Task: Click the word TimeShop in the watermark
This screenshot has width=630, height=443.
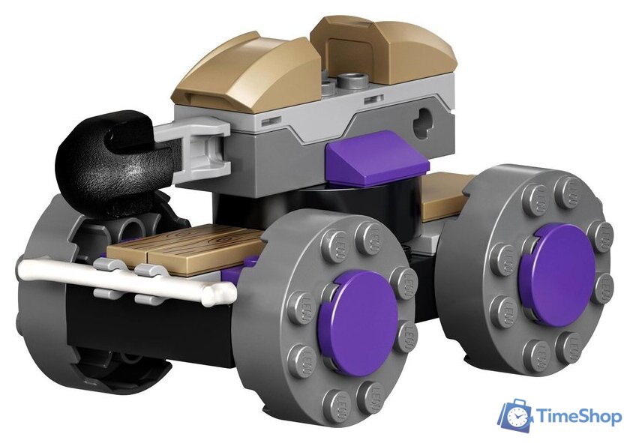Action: (x=577, y=416)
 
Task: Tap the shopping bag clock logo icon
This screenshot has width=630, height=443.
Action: (x=515, y=416)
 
